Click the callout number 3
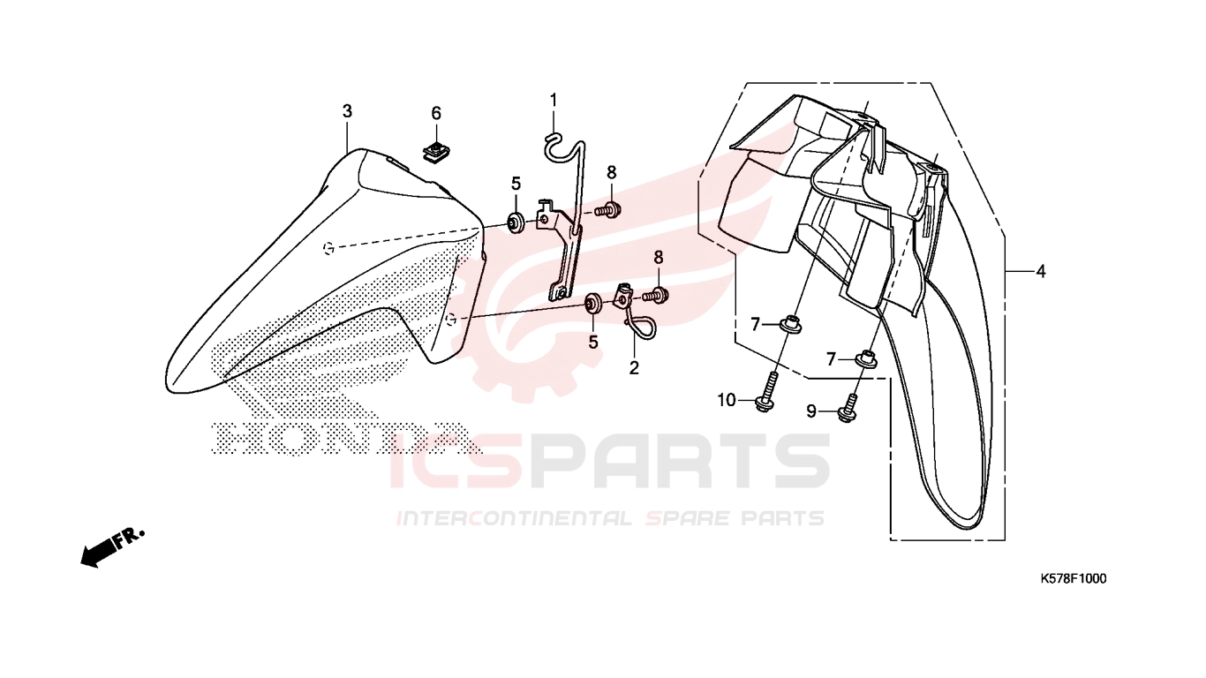347,111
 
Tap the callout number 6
436,114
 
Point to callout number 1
553,100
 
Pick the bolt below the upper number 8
608,209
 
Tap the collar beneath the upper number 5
516,222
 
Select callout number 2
634,368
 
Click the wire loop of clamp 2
641,328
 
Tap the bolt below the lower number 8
655,295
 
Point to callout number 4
1041,272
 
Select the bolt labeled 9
848,409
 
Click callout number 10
727,400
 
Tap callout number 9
811,412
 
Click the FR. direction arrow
112,547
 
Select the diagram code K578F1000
1073,579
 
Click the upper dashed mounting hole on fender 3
328,248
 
